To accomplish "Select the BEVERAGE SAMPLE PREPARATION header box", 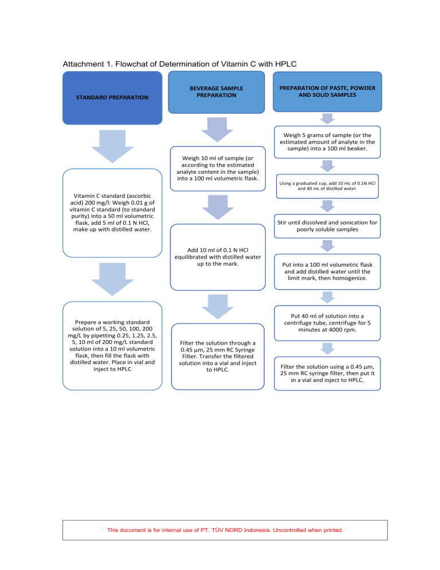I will (216, 92).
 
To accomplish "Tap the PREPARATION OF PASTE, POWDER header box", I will (327, 92).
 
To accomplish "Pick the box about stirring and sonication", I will (327, 225).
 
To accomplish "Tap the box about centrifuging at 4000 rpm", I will (327, 323).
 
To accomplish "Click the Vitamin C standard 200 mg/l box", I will (112, 213).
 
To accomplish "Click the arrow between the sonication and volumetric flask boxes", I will (327, 246).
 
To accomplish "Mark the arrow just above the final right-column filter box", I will (327, 349).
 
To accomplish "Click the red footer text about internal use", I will (225, 530).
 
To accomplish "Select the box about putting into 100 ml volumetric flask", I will (327, 272).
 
